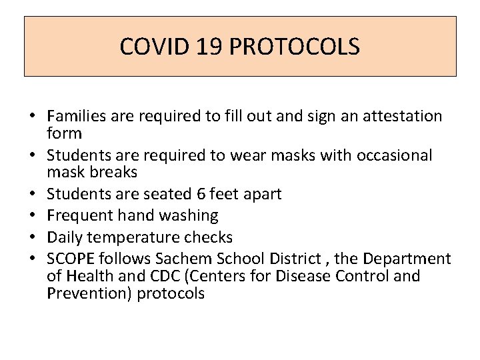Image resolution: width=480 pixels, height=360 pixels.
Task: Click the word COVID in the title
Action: pyautogui.click(x=151, y=47)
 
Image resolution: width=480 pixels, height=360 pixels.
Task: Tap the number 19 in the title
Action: pyautogui.click(x=205, y=47)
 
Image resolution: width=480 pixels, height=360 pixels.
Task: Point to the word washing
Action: pyautogui.click(x=191, y=215)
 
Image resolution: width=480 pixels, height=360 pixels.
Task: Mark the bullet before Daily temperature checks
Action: pyautogui.click(x=31, y=238)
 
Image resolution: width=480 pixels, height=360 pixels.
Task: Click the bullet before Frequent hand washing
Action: pyautogui.click(x=31, y=216)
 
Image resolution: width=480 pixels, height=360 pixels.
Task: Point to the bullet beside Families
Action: pyautogui.click(x=31, y=117)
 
